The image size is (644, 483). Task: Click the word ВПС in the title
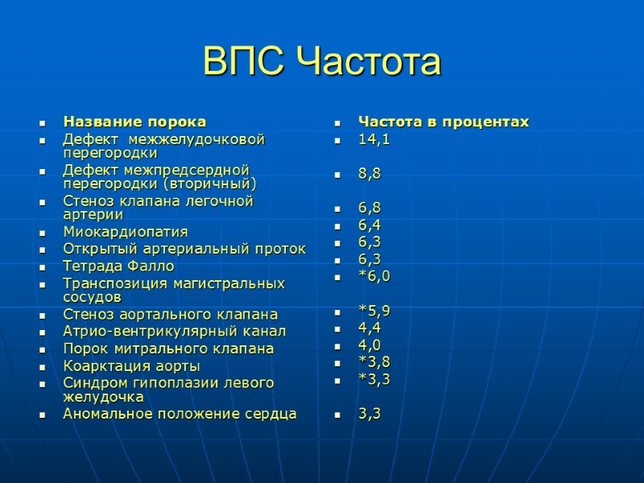click(x=245, y=63)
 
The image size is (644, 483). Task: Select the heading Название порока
click(x=134, y=122)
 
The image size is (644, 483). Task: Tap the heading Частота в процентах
click(x=444, y=122)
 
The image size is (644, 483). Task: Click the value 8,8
click(x=370, y=173)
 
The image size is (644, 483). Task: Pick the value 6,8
click(x=370, y=208)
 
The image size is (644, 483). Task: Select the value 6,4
click(x=370, y=225)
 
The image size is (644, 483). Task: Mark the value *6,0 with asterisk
click(x=374, y=275)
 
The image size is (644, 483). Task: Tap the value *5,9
click(x=374, y=310)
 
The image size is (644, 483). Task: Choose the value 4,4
click(x=370, y=328)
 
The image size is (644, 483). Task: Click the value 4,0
click(x=370, y=345)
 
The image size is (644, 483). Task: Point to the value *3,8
click(x=374, y=361)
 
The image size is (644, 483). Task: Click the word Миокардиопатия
click(x=126, y=232)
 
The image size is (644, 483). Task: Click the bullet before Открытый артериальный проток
click(x=42, y=250)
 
